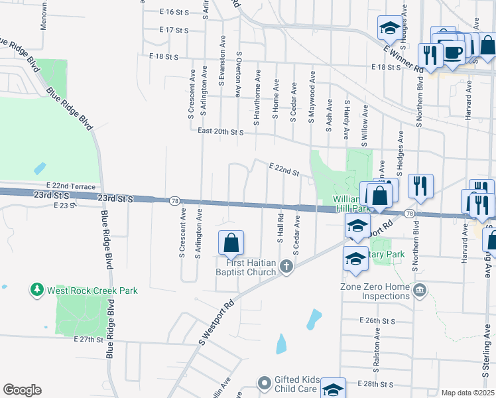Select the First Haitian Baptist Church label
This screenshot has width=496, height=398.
pyautogui.click(x=246, y=267)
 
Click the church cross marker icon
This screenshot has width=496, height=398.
pyautogui.click(x=286, y=267)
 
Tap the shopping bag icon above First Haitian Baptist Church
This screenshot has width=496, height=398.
pyautogui.click(x=231, y=243)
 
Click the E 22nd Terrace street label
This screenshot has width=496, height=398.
pyautogui.click(x=71, y=187)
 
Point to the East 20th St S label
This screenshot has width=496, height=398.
pyautogui.click(x=221, y=132)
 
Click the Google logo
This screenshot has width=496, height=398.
pyautogui.click(x=23, y=390)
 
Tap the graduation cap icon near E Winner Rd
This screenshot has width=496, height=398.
pyautogui.click(x=389, y=28)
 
